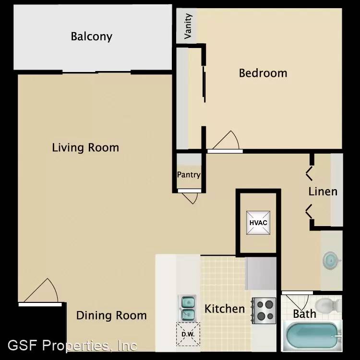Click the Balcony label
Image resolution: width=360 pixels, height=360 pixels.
tap(91, 36)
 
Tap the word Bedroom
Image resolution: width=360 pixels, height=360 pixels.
tap(263, 73)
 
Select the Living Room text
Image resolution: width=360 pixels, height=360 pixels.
tap(85, 148)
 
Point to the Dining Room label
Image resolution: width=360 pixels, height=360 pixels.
tap(111, 315)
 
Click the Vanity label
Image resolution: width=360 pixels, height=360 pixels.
tap(188, 26)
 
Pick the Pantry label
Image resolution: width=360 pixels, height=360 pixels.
tap(189, 175)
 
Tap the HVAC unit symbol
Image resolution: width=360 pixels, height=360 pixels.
tap(258, 223)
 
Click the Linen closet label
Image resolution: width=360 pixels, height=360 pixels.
tap(323, 192)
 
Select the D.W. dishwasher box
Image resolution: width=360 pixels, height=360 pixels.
tap(188, 334)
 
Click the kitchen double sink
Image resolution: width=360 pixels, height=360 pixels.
tap(187, 308)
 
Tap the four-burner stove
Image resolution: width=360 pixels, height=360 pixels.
tap(264, 311)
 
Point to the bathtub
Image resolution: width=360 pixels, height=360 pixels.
tap(312, 335)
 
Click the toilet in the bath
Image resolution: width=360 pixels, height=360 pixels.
tap(328, 305)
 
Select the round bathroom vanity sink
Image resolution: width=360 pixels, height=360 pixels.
tap(331, 260)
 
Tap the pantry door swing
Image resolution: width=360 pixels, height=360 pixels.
tap(189, 196)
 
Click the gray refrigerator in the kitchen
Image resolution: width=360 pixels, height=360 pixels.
tap(261, 273)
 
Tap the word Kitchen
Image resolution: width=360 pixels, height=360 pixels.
tap(225, 309)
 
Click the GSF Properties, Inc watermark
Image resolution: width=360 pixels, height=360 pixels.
tap(72, 346)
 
